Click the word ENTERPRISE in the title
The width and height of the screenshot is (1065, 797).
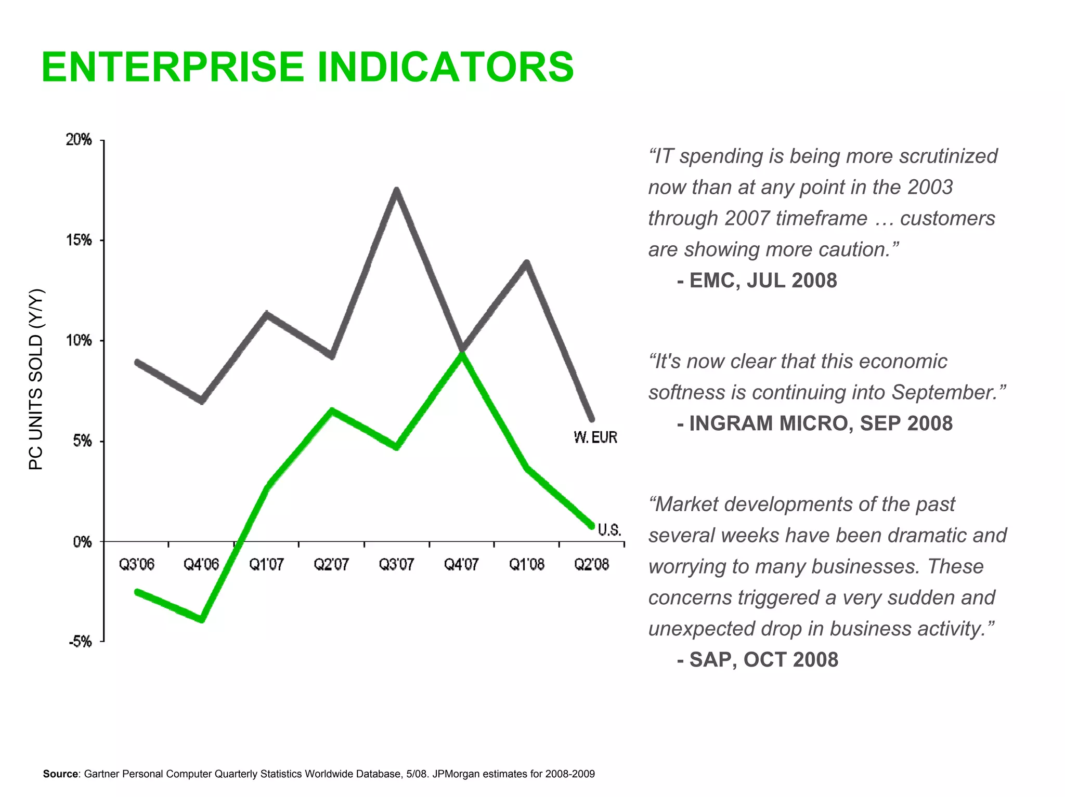172,68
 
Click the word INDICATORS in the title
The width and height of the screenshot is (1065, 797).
445,68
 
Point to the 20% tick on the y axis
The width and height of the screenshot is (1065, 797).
79,140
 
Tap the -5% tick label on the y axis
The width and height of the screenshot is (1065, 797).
80,642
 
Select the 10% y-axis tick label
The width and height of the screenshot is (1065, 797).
79,341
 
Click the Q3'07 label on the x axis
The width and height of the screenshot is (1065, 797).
396,564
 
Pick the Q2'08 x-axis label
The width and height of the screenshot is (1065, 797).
591,564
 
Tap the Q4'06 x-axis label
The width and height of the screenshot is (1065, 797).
201,564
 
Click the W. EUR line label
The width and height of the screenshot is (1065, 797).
595,437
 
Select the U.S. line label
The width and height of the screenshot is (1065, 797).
609,530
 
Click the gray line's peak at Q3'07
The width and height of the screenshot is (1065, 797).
396,191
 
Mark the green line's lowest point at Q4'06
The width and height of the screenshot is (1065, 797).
202,619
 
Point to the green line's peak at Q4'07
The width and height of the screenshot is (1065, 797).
461,355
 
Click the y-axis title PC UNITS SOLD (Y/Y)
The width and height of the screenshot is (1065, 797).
36,379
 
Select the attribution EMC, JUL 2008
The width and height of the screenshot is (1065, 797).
762,281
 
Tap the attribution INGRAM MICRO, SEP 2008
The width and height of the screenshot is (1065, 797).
820,423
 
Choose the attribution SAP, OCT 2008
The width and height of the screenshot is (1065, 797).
763,660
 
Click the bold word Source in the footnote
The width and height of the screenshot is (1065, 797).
60,774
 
